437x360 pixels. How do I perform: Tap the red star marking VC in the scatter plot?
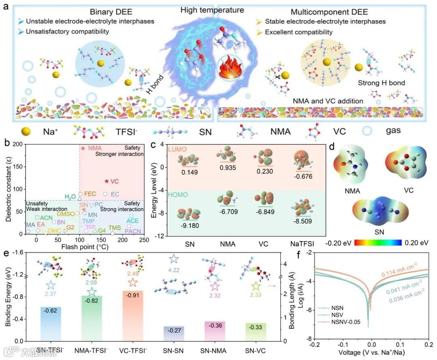click(106, 182)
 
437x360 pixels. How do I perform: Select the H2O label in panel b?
click(70, 197)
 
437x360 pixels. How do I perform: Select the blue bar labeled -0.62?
click(51, 324)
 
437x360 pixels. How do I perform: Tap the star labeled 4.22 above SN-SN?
click(174, 259)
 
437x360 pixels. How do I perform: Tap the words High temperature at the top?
click(218, 10)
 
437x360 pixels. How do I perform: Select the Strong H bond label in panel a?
click(382, 83)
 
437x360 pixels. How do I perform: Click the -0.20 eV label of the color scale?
click(339, 243)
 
